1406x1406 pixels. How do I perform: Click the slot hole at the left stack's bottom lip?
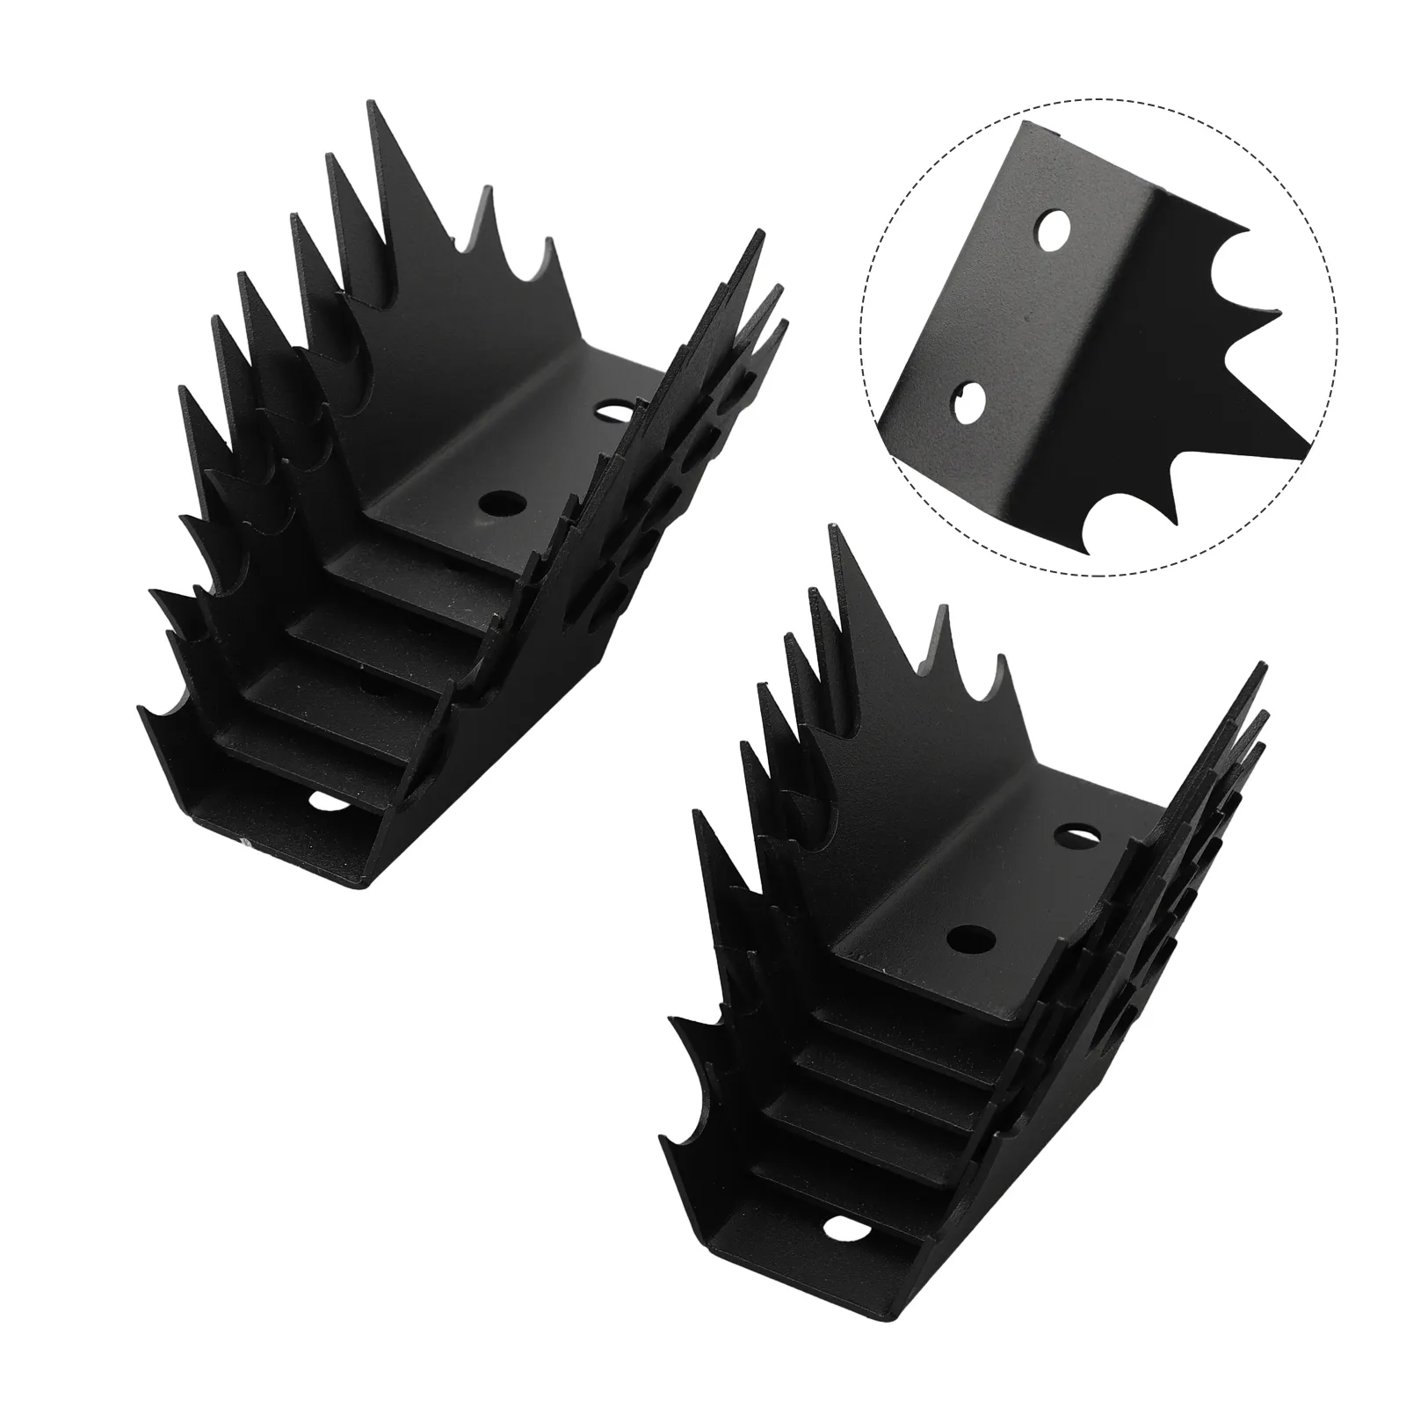[x=323, y=801]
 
